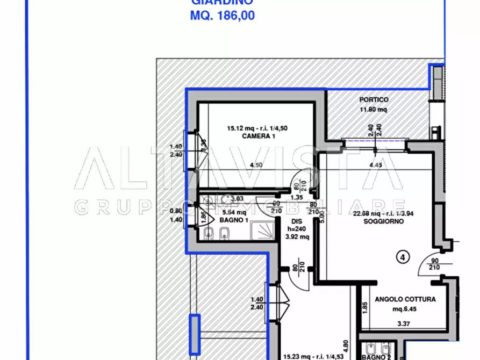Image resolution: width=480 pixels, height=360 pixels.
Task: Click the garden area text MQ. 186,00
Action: pyautogui.click(x=223, y=16)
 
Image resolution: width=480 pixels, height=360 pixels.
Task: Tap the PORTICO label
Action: pyautogui.click(x=374, y=100)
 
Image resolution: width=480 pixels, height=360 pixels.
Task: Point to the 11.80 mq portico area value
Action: pyautogui.click(x=374, y=110)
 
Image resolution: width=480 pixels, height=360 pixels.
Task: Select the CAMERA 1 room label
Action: pyautogui.click(x=250, y=137)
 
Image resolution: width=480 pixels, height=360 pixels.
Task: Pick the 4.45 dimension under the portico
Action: pyautogui.click(x=375, y=165)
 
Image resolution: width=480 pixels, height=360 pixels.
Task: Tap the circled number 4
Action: pyautogui.click(x=401, y=257)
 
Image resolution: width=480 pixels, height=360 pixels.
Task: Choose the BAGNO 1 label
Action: pyautogui.click(x=233, y=220)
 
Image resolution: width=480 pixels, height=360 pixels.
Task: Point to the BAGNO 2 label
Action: pyautogui.click(x=376, y=357)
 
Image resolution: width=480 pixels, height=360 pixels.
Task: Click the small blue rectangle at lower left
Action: pyautogui.click(x=194, y=334)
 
